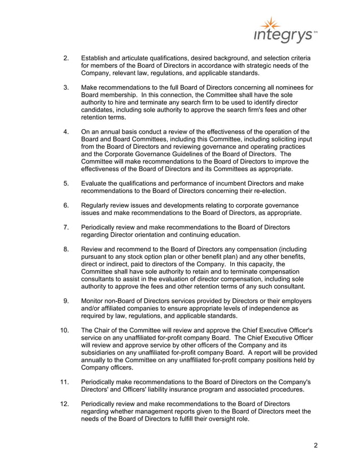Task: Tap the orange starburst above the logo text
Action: tap(272, 23)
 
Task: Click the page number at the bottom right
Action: tap(315, 446)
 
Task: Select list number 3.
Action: tap(66, 87)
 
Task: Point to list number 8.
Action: tap(66, 249)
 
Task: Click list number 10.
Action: tap(64, 330)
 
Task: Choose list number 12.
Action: tap(64, 404)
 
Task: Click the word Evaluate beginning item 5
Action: tap(96, 183)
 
